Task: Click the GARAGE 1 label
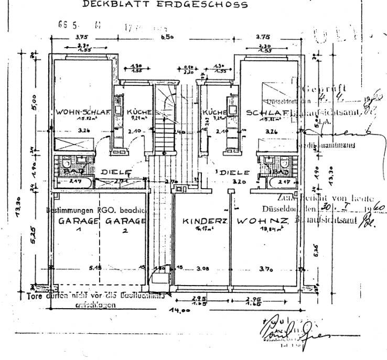78,222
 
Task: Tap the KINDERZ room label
204,222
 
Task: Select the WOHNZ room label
262,222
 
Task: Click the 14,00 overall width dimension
180,310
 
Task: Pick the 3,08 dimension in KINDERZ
201,268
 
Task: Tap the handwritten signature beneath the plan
283,329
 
